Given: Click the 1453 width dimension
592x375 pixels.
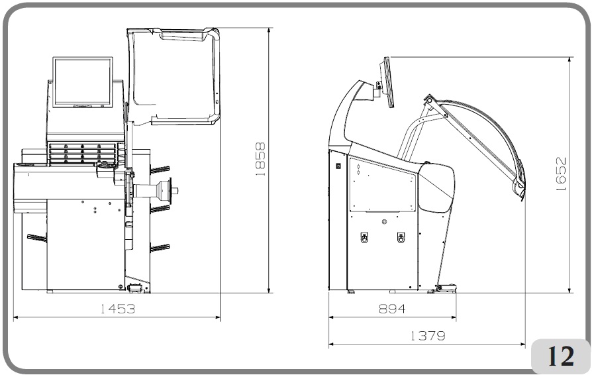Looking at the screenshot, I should pyautogui.click(x=117, y=309).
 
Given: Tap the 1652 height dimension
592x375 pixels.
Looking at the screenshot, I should pyautogui.click(x=561, y=174).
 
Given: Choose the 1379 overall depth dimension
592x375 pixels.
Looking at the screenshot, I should pyautogui.click(x=427, y=336).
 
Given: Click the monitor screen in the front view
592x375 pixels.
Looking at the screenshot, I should pyautogui.click(x=81, y=81).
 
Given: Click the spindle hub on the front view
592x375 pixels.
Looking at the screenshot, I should pyautogui.click(x=166, y=191).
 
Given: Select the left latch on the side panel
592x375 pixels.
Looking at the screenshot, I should pyautogui.click(x=364, y=237).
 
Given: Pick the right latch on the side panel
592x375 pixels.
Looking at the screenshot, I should pyautogui.click(x=400, y=237).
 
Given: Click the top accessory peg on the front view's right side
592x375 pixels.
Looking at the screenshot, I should pyautogui.click(x=160, y=170).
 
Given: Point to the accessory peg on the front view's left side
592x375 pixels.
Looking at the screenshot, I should pyautogui.click(x=36, y=237).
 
